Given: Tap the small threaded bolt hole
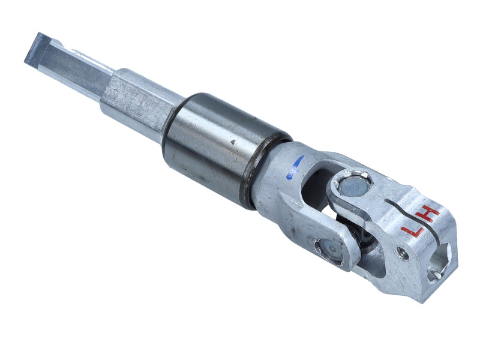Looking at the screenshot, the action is pyautogui.click(x=403, y=253).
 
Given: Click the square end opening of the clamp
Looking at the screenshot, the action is pyautogui.click(x=440, y=262).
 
